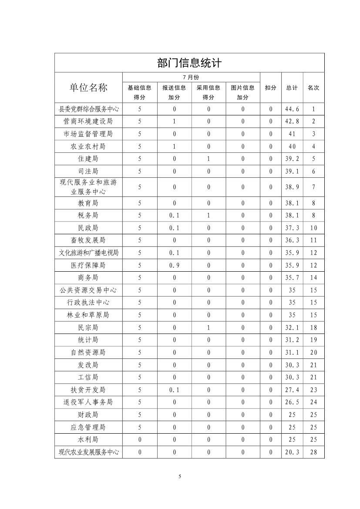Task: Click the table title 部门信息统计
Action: [x=189, y=63]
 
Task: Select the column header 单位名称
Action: [x=88, y=87]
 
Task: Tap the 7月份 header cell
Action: [x=191, y=77]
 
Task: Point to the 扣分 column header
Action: [x=270, y=88]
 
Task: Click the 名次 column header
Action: [x=313, y=88]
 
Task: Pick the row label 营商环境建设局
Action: [x=88, y=121]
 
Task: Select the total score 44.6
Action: [x=292, y=109]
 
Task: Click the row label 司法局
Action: [x=88, y=172]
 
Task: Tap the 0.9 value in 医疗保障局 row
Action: [x=174, y=265]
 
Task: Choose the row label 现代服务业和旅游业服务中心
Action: [x=88, y=187]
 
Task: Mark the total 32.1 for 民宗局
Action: [x=292, y=327]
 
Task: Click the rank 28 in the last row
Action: [x=313, y=452]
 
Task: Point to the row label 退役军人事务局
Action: [x=88, y=402]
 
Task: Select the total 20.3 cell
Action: [x=292, y=452]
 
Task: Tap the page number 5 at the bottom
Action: [x=180, y=476]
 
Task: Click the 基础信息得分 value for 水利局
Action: [x=140, y=440]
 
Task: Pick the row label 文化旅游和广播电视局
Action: [x=88, y=253]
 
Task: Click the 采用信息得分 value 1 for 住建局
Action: [x=209, y=159]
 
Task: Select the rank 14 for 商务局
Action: [x=313, y=278]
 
